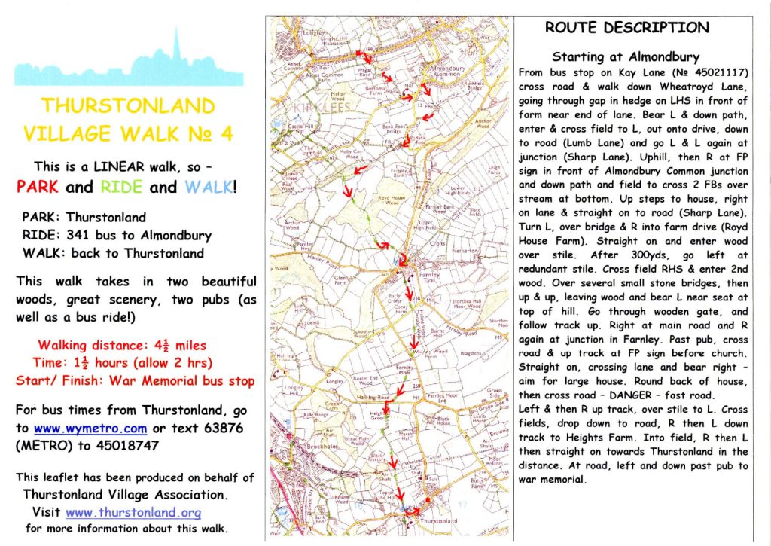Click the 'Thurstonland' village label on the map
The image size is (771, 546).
[x=438, y=520]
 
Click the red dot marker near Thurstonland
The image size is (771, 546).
[x=427, y=499]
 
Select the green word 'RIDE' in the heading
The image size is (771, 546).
[x=120, y=186]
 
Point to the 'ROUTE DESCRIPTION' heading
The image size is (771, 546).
[x=626, y=28]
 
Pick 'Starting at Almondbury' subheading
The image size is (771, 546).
[x=626, y=57]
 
